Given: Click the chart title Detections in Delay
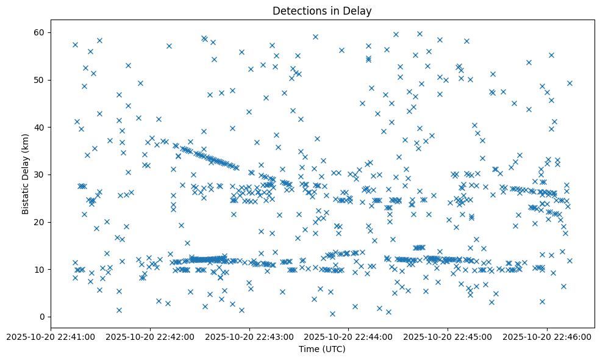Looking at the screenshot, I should pos(322,11).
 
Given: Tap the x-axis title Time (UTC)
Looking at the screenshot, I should pos(322,349).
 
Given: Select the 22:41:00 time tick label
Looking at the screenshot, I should pos(51,337).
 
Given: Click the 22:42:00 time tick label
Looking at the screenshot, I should pos(150,337).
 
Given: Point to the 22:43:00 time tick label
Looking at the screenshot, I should pos(249,337).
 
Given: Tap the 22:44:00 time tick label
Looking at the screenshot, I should pos(349,337).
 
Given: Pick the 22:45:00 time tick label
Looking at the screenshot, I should pos(448,337).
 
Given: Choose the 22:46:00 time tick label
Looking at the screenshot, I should pos(547,337).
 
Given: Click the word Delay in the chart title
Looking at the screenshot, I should pos(358,11).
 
